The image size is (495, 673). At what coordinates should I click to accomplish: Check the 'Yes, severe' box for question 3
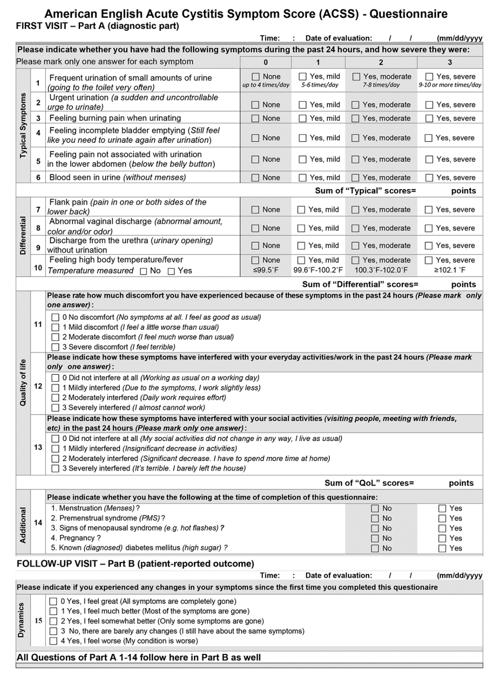(429, 118)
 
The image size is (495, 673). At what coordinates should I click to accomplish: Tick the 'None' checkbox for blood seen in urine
(255, 178)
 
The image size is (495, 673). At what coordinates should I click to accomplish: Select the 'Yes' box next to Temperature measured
(171, 271)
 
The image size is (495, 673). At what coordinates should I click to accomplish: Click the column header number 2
(381, 62)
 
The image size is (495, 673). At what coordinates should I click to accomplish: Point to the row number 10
(38, 268)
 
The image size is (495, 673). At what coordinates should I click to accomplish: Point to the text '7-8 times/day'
(381, 85)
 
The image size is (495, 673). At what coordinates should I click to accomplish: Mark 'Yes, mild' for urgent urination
(303, 105)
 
